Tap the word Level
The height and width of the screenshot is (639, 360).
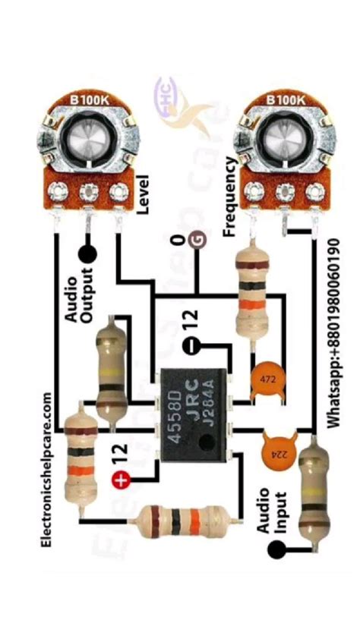tap(143, 194)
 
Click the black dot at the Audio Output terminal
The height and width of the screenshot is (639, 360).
tap(88, 256)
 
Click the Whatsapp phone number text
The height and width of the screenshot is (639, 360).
tap(334, 334)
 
